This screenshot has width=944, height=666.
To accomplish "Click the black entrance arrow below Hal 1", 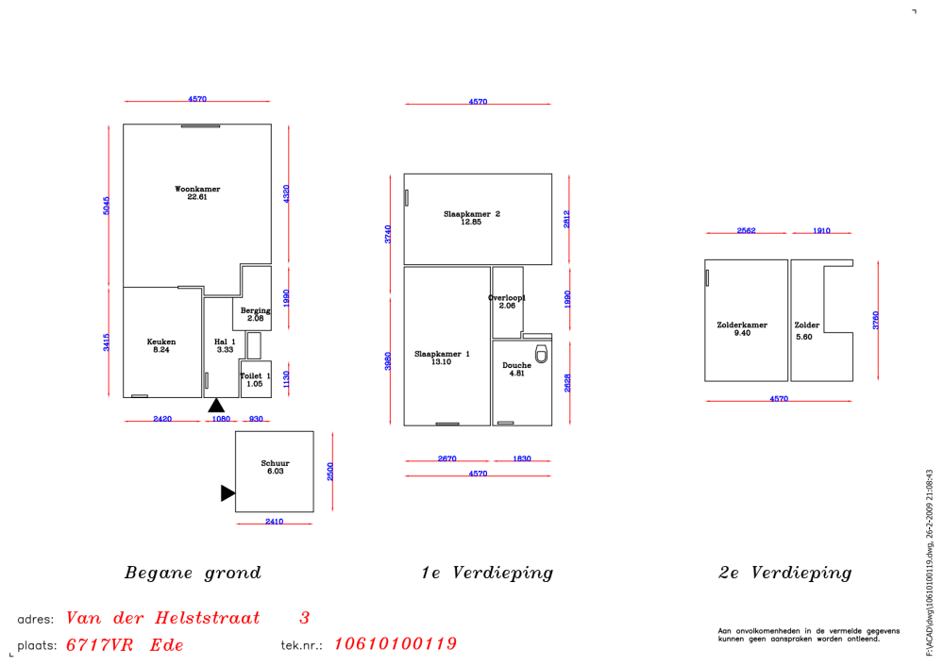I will pyautogui.click(x=216, y=405).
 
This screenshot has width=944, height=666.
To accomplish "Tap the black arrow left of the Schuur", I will pyautogui.click(x=228, y=492).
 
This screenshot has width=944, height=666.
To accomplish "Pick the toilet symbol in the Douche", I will pyautogui.click(x=541, y=354).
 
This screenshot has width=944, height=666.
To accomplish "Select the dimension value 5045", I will pyautogui.click(x=107, y=206).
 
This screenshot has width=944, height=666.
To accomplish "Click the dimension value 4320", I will pyautogui.click(x=287, y=193).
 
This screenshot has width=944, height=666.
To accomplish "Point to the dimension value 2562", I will pyautogui.click(x=746, y=231).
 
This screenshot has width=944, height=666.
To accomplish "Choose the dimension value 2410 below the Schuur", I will pyautogui.click(x=274, y=522).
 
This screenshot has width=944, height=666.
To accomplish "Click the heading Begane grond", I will pyautogui.click(x=193, y=573).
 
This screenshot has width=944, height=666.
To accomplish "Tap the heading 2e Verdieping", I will pyautogui.click(x=785, y=573).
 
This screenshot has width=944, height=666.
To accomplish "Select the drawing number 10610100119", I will pyautogui.click(x=396, y=644).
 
